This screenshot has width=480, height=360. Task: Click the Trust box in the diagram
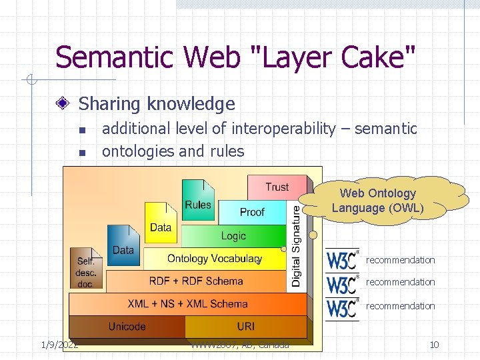point(277,187)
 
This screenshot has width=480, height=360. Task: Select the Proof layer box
point(252,212)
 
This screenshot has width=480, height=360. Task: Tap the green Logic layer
point(233,235)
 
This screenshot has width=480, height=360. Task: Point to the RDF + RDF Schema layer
point(196,281)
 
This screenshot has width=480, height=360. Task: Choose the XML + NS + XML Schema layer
point(187,304)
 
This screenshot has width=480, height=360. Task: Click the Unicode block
point(127,326)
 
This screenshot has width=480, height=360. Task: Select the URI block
point(245,326)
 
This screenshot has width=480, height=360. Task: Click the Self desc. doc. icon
point(86,268)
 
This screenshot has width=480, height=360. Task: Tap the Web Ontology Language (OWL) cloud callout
point(378,201)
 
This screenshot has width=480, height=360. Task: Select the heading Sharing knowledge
point(157,104)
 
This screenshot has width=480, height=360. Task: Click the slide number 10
point(434,345)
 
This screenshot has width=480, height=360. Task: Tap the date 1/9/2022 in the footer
point(60,345)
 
